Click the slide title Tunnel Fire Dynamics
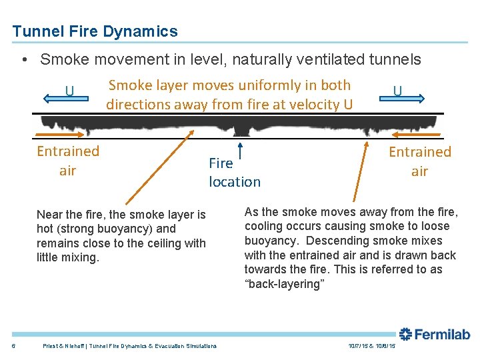95,31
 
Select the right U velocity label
397,89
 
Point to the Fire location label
234,172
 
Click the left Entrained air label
68,161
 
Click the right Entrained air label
419,161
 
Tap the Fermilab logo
434,334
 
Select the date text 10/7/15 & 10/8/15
371,346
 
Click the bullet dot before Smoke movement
24,60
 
